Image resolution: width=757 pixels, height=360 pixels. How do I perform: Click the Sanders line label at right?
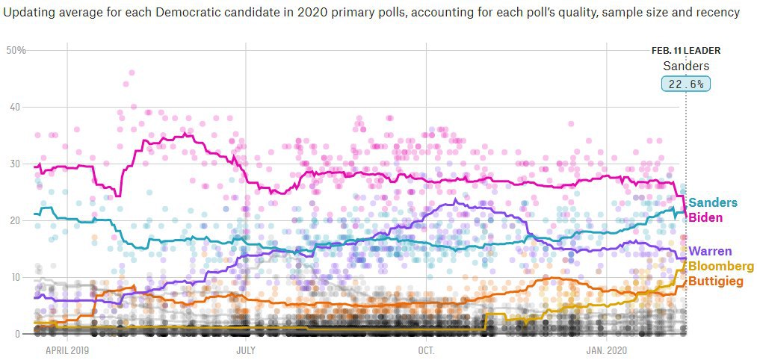[712, 203]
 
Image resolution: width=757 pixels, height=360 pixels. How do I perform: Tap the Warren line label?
[710, 252]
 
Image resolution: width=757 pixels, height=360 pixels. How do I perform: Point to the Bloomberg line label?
[720, 267]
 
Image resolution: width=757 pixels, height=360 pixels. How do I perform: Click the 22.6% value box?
[686, 84]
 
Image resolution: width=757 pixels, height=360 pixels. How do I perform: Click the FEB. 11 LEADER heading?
[686, 51]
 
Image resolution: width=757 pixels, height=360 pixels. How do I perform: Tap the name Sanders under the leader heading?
[686, 66]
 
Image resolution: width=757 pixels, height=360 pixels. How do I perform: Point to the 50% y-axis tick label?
[16, 50]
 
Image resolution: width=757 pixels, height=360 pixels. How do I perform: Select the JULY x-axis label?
[246, 350]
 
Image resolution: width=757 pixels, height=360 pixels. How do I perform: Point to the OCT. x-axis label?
[426, 350]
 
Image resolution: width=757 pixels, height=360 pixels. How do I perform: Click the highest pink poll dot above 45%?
[132, 72]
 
